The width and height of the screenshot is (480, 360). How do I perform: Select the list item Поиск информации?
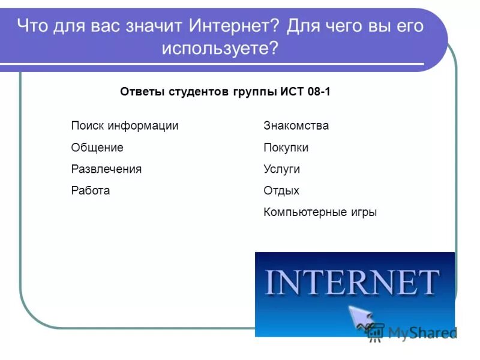pyautogui.click(x=124, y=126)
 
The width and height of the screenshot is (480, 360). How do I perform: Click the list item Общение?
pyautogui.click(x=97, y=148)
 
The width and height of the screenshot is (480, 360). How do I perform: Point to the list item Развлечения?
pyautogui.click(x=106, y=169)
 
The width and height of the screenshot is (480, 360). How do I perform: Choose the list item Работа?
pyautogui.click(x=90, y=191)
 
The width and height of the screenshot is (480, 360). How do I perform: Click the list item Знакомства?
pyautogui.click(x=296, y=126)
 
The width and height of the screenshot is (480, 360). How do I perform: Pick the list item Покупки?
pyautogui.click(x=286, y=148)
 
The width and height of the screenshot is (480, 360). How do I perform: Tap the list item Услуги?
pyautogui.click(x=281, y=169)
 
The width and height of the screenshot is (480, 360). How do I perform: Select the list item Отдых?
pyautogui.click(x=281, y=191)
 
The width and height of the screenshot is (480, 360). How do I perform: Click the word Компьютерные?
pyautogui.click(x=305, y=212)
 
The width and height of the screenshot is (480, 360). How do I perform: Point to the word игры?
pyautogui.click(x=363, y=212)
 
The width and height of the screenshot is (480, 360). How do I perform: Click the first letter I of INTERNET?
pyautogui.click(x=269, y=282)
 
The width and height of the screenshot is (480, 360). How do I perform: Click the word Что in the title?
pyautogui.click(x=31, y=26)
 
